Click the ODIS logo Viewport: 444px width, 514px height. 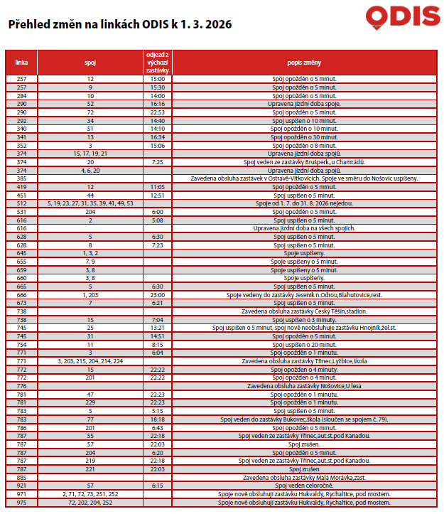click(x=402, y=16)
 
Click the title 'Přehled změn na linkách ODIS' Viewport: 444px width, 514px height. click(x=119, y=25)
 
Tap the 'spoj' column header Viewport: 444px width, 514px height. click(x=90, y=62)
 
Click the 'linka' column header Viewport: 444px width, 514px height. click(x=21, y=62)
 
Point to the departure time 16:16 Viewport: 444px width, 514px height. click(x=158, y=104)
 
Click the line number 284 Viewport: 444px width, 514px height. click(x=21, y=95)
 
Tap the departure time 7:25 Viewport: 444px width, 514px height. click(x=158, y=162)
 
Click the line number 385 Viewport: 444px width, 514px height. click(x=21, y=178)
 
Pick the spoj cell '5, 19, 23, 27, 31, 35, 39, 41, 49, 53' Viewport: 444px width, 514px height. click(x=90, y=203)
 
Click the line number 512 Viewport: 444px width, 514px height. click(x=21, y=203)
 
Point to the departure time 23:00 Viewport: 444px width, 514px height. click(x=158, y=294)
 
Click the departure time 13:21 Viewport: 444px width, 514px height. click(x=158, y=328)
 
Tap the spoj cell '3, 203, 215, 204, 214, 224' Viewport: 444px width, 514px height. click(x=90, y=361)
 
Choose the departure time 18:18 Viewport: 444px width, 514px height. click(x=158, y=419)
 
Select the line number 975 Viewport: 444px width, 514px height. click(x=21, y=502)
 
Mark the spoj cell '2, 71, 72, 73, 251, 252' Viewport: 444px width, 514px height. click(x=90, y=493)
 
